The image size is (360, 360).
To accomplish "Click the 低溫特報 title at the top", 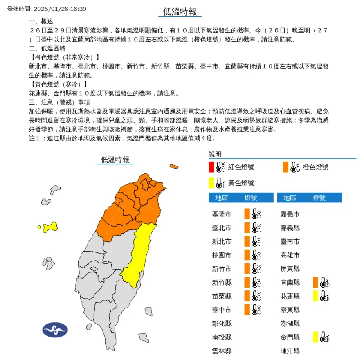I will (180, 12).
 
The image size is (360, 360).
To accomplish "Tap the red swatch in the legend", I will (211, 167).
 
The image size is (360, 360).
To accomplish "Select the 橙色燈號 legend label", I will (315, 167).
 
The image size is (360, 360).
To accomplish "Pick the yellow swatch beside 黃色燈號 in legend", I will (211, 182).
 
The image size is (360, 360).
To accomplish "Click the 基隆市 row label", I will (222, 214).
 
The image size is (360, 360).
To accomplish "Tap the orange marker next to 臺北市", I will (247, 228).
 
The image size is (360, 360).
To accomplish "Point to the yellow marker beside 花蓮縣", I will (315, 296).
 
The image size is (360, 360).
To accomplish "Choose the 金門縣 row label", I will (290, 337).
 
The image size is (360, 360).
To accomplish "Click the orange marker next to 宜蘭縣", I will (315, 282).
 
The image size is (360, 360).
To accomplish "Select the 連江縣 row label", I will (290, 351).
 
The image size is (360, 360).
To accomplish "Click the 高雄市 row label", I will (290, 255).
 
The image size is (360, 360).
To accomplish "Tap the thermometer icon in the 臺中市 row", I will (256, 309).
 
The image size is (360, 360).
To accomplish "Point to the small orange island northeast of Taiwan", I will (174, 166).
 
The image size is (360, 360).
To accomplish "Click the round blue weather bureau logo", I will (55, 330).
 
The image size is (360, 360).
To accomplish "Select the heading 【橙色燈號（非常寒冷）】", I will (64, 57).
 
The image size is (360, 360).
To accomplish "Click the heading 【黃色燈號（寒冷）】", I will (58, 84).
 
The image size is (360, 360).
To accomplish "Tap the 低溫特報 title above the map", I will (115, 160).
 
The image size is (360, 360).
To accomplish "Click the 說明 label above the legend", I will (215, 154).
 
